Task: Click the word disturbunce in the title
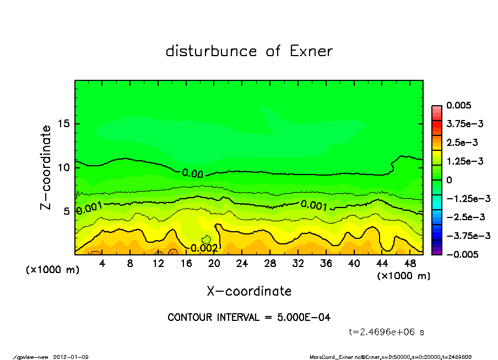pos(212,52)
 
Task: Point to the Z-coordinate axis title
pos(46,167)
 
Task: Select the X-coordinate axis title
pos(249,291)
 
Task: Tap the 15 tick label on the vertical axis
pos(64,124)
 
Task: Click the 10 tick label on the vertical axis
pos(64,167)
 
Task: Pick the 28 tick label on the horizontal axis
pos(270,264)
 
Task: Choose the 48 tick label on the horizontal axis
pos(410,264)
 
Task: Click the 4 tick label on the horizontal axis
pos(102,264)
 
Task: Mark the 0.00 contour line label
pos(192,173)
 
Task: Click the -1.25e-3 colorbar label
pos(465,199)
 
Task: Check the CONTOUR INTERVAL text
pos(249,318)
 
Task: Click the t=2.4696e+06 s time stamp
pos(386,332)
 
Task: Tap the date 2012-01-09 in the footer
pos(71,357)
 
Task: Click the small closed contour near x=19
pos(207,239)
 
